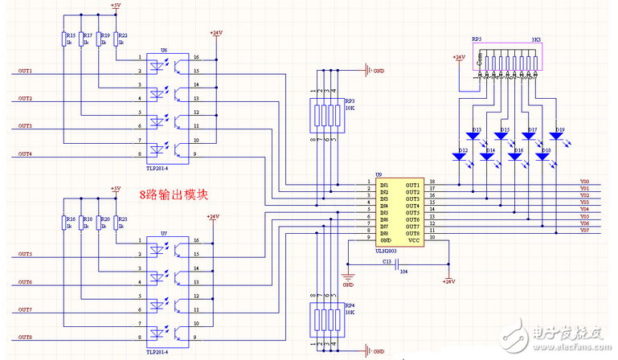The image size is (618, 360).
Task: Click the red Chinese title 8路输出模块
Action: click(x=174, y=194)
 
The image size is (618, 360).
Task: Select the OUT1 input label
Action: click(x=26, y=71)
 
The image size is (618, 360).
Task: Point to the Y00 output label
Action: click(x=584, y=182)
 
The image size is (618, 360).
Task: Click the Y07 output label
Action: click(x=584, y=231)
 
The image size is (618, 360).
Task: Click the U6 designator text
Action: click(x=165, y=50)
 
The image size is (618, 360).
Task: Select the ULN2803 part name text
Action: click(x=389, y=249)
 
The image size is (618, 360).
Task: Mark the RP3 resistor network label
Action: click(x=350, y=101)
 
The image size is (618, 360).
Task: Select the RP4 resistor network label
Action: click(x=350, y=305)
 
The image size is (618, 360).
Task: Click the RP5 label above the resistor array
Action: click(x=477, y=39)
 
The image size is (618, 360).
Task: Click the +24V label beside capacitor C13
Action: click(x=448, y=282)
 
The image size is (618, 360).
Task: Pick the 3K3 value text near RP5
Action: click(x=535, y=39)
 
